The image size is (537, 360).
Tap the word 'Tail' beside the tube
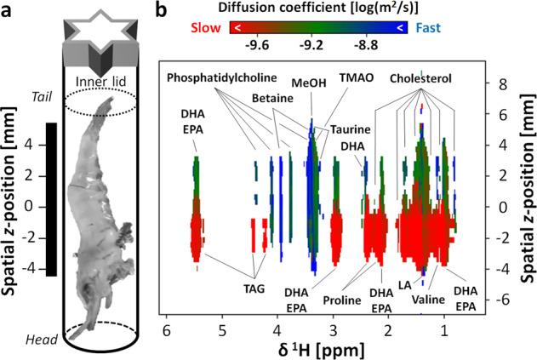(x=41, y=94)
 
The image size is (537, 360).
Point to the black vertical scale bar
(x=50, y=199)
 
